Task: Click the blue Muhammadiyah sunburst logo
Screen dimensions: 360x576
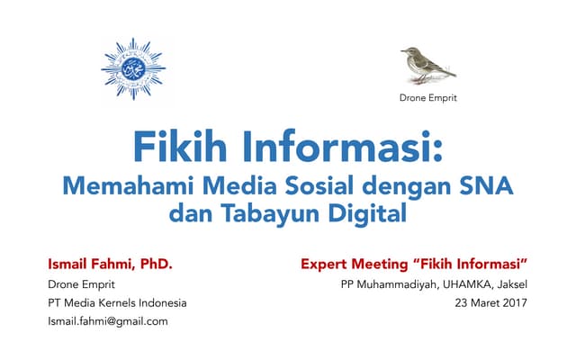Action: pyautogui.click(x=133, y=69)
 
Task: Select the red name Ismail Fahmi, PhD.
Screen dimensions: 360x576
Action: pyautogui.click(x=110, y=265)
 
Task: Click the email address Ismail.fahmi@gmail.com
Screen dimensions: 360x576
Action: pyautogui.click(x=108, y=320)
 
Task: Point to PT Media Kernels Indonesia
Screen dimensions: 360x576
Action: pyautogui.click(x=118, y=302)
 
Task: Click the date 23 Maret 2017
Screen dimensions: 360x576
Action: pyautogui.click(x=493, y=302)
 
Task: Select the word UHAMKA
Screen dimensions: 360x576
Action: pyautogui.click(x=450, y=284)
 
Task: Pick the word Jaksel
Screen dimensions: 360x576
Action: pyautogui.click(x=508, y=284)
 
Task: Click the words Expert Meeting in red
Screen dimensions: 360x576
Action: pyautogui.click(x=348, y=265)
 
